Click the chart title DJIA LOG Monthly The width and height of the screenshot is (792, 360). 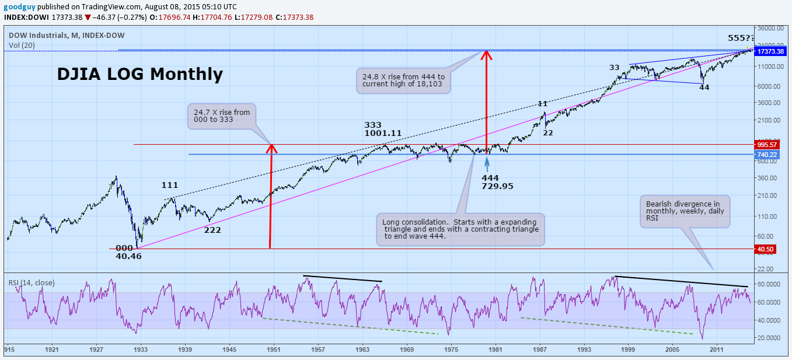click(139, 74)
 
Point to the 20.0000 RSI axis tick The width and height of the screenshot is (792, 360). click(768, 338)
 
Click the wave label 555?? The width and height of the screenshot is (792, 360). click(741, 38)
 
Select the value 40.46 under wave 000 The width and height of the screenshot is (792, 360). click(128, 256)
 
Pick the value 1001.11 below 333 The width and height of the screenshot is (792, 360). click(382, 133)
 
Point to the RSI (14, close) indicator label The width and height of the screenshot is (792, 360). click(32, 282)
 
